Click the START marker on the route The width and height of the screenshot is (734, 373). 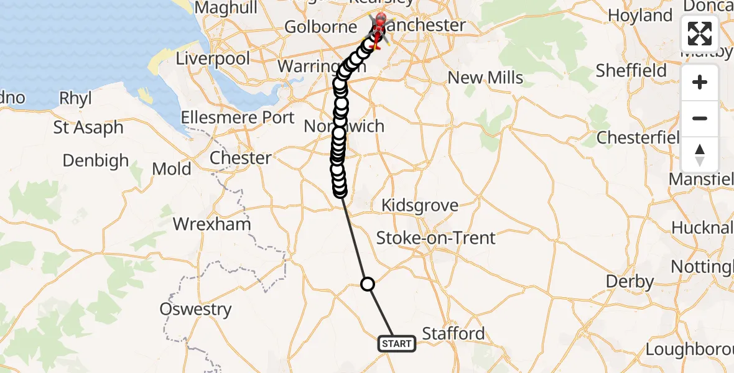tap(396, 344)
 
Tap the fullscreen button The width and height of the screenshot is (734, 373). tap(700, 34)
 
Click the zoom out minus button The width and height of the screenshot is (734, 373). tap(700, 118)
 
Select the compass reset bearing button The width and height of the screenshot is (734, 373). tap(700, 154)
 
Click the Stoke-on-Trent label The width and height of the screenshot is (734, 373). tap(436, 238)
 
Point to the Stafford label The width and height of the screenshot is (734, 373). tap(453, 334)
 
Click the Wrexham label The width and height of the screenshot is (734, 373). tap(212, 224)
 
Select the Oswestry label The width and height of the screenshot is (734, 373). tap(195, 309)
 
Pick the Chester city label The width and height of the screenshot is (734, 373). tap(240, 158)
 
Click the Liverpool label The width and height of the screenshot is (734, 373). tap(213, 59)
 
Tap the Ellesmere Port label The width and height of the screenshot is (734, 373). tap(238, 117)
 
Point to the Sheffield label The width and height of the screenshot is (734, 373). tap(631, 71)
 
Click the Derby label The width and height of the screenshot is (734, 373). tap(630, 282)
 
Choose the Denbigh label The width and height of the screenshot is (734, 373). tap(95, 161)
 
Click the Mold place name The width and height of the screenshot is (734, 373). tap(171, 169)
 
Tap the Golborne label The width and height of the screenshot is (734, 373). tap(320, 27)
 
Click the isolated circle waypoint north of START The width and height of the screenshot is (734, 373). tap(368, 284)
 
